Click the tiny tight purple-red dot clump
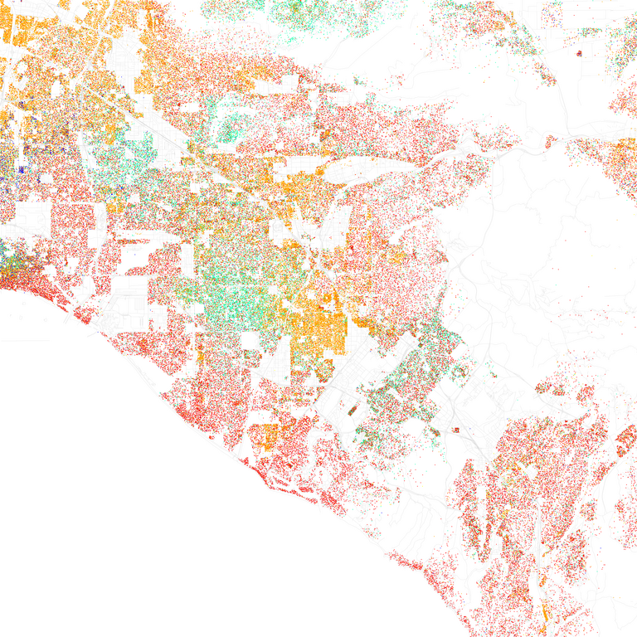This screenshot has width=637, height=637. point(578,54)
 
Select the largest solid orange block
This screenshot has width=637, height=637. point(319,323)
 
